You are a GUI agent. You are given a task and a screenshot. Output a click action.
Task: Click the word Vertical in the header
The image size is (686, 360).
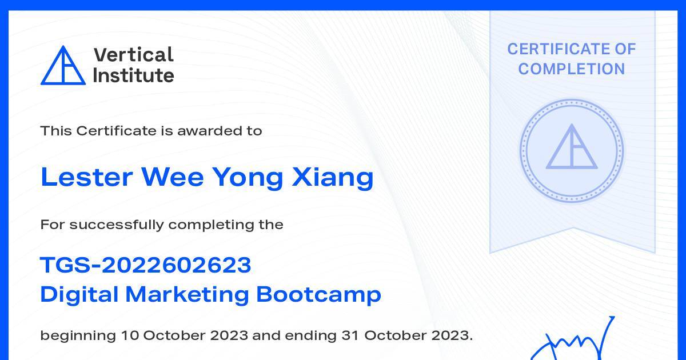(134, 55)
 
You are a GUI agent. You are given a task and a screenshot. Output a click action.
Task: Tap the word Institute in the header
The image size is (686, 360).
(134, 75)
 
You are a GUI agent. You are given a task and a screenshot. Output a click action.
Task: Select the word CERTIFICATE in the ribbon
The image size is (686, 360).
(555, 49)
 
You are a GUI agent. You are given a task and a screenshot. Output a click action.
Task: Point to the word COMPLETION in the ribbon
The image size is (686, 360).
(572, 69)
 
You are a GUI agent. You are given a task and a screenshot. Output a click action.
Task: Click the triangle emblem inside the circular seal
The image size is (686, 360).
(572, 146)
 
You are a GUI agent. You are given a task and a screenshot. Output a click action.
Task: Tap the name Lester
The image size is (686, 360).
(87, 177)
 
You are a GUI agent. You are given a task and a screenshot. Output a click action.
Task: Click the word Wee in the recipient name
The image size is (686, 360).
(173, 177)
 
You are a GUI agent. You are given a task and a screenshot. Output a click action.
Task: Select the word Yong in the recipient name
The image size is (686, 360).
(248, 178)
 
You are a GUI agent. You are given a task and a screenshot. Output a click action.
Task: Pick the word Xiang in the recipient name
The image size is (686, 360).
(333, 178)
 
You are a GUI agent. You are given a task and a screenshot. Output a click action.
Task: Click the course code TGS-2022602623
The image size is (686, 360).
(146, 265)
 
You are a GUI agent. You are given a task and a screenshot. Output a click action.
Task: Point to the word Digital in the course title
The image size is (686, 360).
(79, 295)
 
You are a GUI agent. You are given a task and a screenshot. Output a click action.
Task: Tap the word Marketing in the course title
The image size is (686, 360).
(187, 295)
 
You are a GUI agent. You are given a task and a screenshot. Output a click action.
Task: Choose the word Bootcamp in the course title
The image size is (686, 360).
(318, 295)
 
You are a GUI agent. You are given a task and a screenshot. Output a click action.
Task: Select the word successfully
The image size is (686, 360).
(117, 225)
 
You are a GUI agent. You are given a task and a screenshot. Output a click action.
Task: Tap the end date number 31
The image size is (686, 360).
(350, 335)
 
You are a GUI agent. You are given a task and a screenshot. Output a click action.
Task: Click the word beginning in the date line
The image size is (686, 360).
(78, 336)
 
